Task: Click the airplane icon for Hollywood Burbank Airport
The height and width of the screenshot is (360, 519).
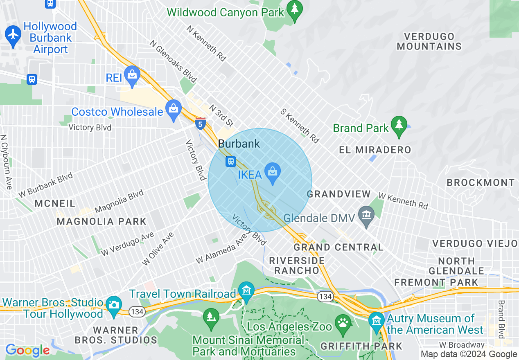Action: coord(14,34)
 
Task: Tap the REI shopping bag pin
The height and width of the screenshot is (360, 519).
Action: coord(132,75)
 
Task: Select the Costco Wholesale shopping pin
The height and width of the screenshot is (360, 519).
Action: coord(174,109)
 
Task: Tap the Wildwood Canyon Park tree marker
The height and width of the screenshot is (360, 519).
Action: coord(294,9)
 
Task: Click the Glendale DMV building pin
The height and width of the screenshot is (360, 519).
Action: coord(366,215)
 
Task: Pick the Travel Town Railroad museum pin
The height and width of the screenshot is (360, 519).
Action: coord(246,291)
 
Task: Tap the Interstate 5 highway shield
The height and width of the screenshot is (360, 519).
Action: coord(200,124)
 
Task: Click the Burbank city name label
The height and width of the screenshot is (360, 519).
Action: coord(239,144)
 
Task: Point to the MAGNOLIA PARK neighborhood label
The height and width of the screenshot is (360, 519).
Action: coord(102,221)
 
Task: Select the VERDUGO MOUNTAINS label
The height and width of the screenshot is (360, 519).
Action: coord(429,41)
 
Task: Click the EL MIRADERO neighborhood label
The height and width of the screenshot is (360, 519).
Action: coord(375,150)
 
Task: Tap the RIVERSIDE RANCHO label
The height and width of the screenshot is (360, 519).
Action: coord(297,265)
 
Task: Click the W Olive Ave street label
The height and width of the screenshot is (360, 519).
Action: coord(158,249)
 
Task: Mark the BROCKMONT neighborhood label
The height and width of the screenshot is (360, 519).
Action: coord(481,182)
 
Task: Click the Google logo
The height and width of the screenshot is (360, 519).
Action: coord(27,350)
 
